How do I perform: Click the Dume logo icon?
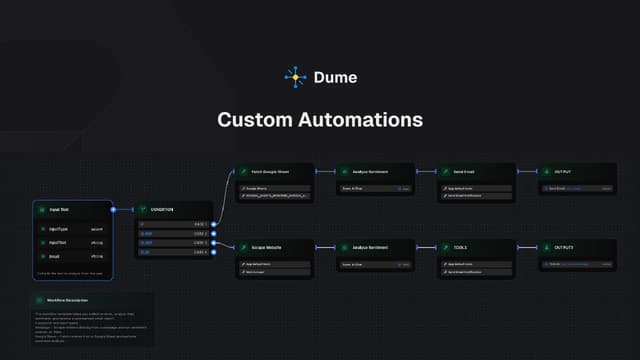(x=292, y=76)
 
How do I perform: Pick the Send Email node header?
(x=464, y=171)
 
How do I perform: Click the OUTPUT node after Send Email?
(x=564, y=171)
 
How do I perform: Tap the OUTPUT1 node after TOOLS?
(x=565, y=247)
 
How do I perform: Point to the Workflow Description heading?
(x=69, y=300)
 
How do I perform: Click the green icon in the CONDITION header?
(x=142, y=209)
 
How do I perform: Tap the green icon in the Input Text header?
(x=41, y=209)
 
